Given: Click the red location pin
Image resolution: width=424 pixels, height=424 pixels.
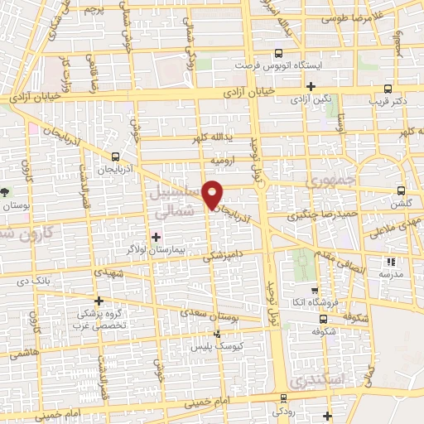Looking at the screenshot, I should tap(214, 194).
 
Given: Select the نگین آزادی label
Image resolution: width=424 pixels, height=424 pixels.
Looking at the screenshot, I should tap(311, 99).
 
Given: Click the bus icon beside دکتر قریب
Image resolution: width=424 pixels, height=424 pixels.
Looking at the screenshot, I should tap(388, 89).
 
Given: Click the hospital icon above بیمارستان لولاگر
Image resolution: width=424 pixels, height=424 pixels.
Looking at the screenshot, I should tap(157, 238).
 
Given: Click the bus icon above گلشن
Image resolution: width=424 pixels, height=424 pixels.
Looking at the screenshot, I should tap(401, 190).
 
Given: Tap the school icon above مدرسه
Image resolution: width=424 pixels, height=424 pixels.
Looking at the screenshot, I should tap(390, 262).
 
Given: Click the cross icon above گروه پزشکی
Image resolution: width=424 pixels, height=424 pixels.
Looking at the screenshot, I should tap(99, 301).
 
